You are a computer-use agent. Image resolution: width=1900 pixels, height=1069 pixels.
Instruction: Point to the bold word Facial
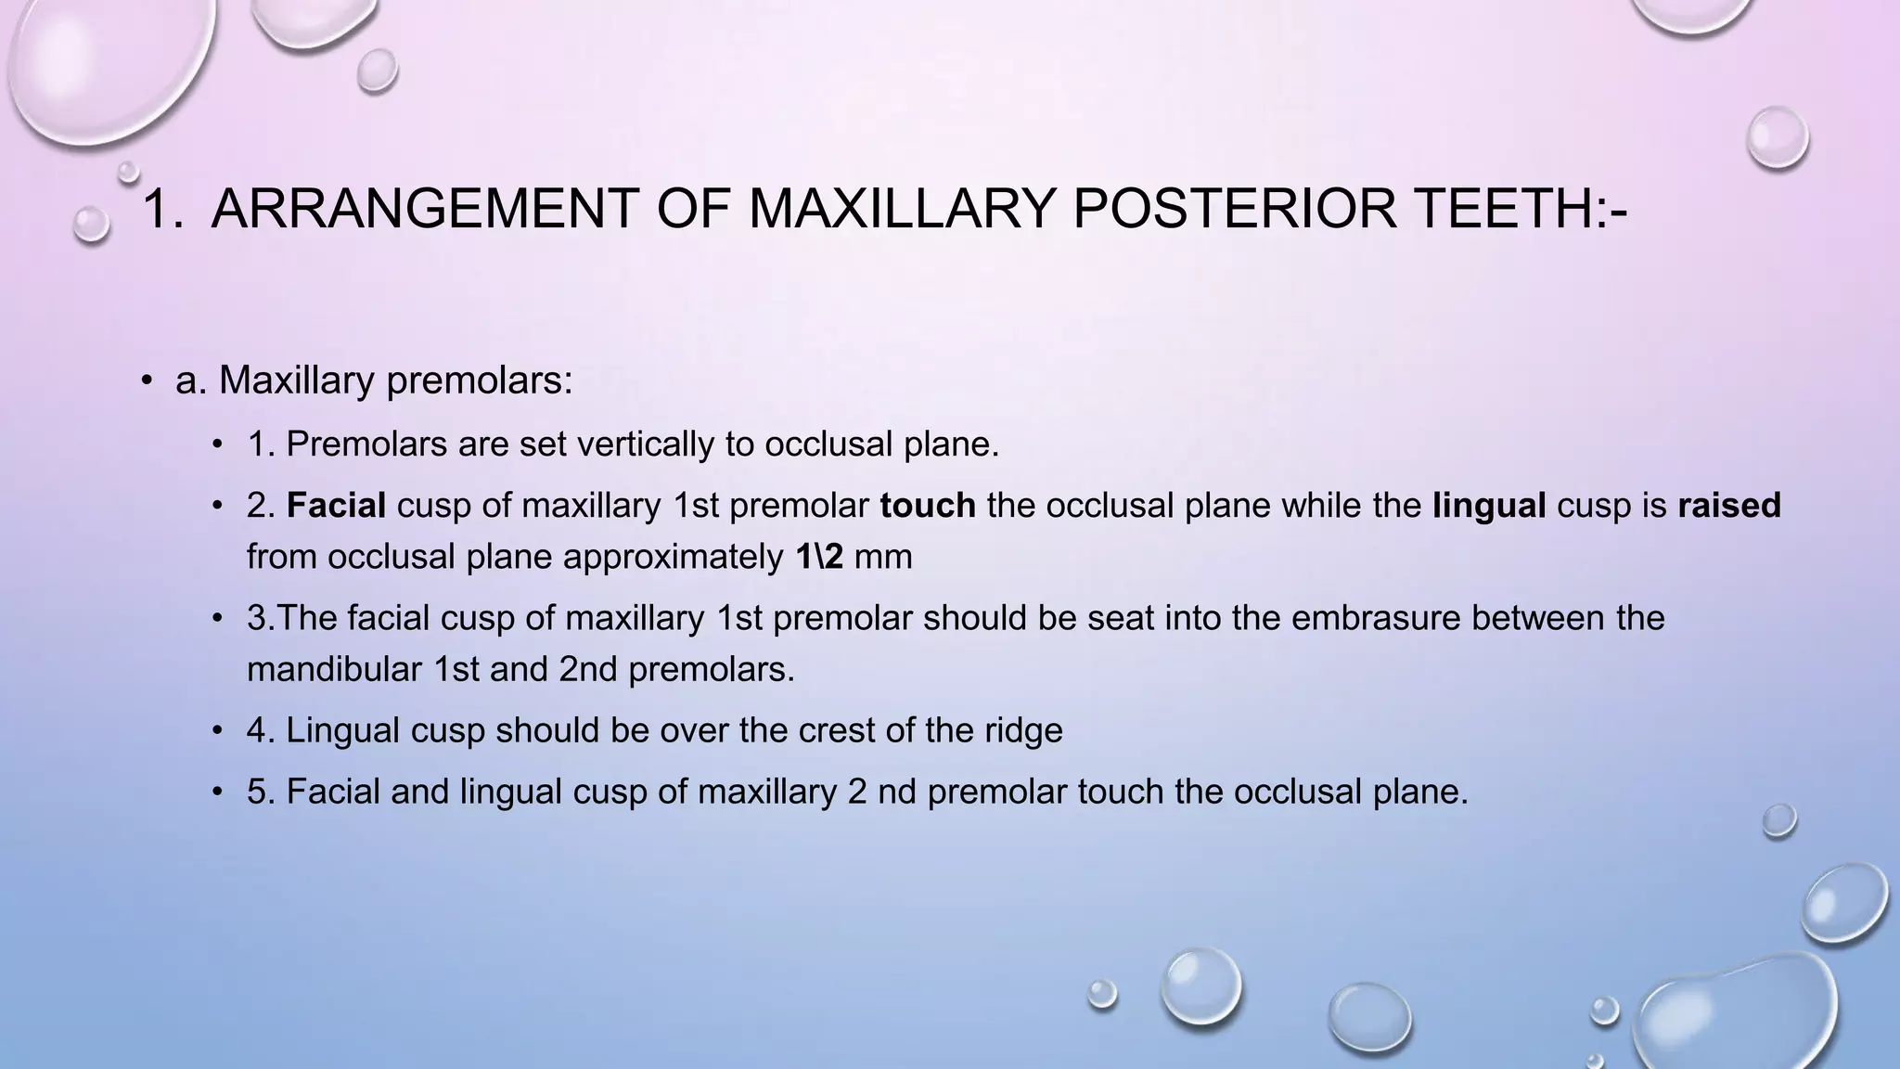(x=336, y=506)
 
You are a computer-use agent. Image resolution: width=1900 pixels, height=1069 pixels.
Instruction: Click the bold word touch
(x=928, y=506)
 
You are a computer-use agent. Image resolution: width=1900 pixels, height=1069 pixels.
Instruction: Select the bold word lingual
(x=1489, y=506)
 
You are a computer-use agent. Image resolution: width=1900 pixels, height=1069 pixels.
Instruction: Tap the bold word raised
(x=1729, y=506)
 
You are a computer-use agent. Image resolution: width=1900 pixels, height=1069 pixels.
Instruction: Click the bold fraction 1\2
(x=820, y=557)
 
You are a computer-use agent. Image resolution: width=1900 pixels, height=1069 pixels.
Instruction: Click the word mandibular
(x=334, y=669)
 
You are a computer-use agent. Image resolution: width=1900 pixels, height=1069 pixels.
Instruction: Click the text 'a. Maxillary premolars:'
(x=374, y=380)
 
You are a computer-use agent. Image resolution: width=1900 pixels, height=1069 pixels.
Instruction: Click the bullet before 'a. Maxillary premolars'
(x=147, y=381)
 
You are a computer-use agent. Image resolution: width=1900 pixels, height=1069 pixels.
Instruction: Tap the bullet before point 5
(x=217, y=792)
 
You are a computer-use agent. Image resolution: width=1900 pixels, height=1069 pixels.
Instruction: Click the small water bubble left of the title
(x=91, y=224)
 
